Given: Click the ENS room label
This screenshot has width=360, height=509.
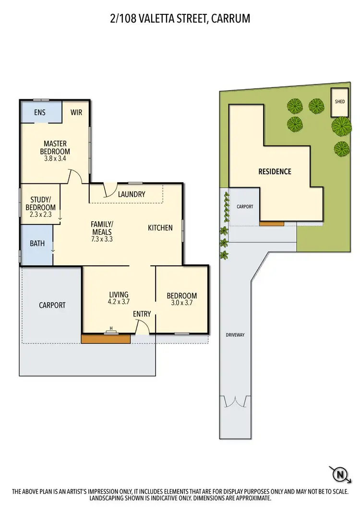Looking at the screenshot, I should pos(40,113).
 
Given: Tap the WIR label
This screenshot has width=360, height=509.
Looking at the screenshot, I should pos(76,113).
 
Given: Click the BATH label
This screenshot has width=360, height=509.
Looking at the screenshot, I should pos(37,244).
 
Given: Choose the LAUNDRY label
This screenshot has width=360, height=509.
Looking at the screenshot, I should pos(132,194).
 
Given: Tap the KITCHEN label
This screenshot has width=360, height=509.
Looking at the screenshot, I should pos(160,227).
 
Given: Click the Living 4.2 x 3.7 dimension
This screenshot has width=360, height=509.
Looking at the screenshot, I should pos(118,302).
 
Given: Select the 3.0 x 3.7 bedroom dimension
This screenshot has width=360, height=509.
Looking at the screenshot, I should pos(181,303).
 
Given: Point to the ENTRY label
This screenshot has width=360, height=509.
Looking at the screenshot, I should pos(142,314).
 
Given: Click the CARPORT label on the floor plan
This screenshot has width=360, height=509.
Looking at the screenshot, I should pos(52,305).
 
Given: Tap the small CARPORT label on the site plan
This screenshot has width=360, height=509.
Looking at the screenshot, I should pos(244,207).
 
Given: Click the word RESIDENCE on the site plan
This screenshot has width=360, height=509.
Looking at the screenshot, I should pos(275,171).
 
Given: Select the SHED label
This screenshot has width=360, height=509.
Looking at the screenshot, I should pos(340,102).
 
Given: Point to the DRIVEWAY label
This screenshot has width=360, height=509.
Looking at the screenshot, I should pos(235,335).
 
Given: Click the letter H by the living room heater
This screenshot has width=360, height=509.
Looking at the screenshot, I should pos(111,328).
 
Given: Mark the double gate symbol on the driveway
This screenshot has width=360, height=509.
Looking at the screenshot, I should pos(235,402).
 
